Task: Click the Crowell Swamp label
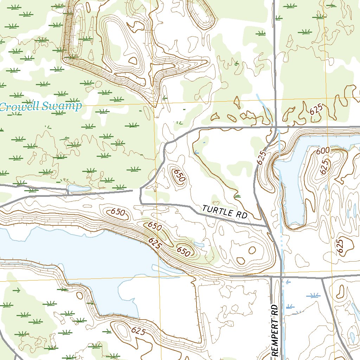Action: [x=40, y=106]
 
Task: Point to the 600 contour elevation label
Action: [x=323, y=151]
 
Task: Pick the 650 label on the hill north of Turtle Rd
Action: [x=179, y=175]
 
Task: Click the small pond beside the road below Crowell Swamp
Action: [x=79, y=188]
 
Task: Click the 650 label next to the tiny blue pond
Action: [x=184, y=251]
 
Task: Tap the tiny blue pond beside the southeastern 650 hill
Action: [x=199, y=244]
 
